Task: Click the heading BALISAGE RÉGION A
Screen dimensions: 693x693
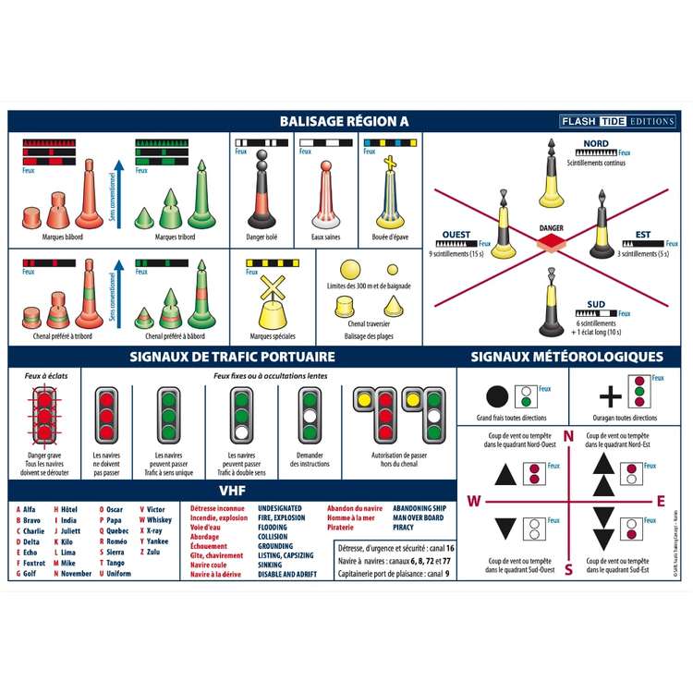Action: [x=344, y=121]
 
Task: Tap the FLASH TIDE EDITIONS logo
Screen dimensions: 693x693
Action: [x=618, y=121]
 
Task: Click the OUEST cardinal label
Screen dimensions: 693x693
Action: [x=456, y=235]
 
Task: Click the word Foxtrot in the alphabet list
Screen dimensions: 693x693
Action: [x=34, y=563]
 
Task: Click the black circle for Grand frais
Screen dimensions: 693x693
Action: [x=497, y=397]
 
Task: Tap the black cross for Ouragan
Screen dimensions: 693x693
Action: [x=610, y=397]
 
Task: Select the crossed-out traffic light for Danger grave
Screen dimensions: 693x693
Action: [x=43, y=415]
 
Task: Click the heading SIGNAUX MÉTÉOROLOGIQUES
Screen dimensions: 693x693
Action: [x=565, y=356]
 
